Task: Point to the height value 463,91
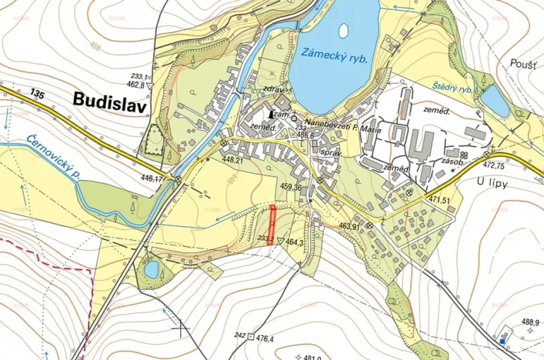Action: click(x=346, y=227)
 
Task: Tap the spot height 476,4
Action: click(x=265, y=338)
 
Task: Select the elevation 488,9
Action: click(x=530, y=322)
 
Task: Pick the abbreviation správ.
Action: click(x=330, y=153)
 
